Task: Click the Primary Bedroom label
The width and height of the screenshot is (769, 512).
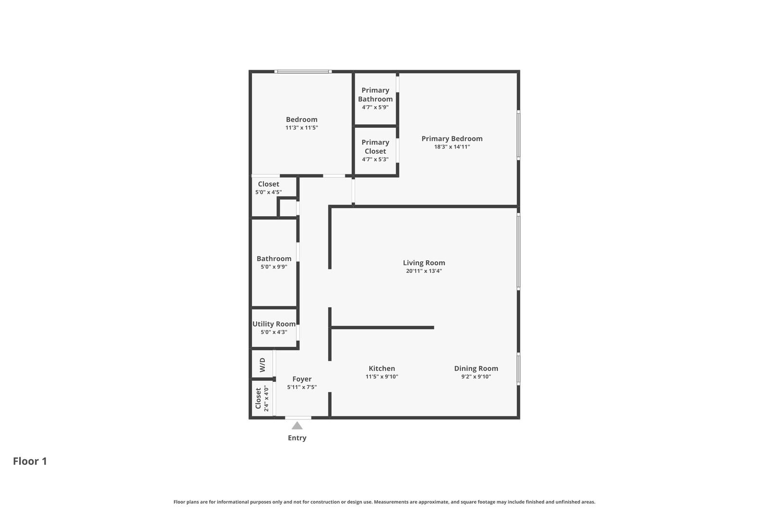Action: pyautogui.click(x=452, y=139)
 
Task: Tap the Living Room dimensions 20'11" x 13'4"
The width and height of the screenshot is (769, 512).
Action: pyautogui.click(x=423, y=271)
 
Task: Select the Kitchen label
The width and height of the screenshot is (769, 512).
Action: pyautogui.click(x=382, y=368)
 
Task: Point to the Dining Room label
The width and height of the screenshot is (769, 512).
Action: pyautogui.click(x=476, y=368)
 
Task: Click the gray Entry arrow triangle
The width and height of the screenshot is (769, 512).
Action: pyautogui.click(x=297, y=426)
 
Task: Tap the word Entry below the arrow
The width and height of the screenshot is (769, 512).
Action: pyautogui.click(x=297, y=438)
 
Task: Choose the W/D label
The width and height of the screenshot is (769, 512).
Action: pyautogui.click(x=262, y=365)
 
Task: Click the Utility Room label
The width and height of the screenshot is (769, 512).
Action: pyautogui.click(x=274, y=324)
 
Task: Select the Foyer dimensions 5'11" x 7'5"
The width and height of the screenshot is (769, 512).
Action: pyautogui.click(x=302, y=387)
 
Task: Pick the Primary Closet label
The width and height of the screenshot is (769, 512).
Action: pyautogui.click(x=375, y=146)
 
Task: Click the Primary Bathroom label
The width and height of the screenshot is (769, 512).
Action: pyautogui.click(x=375, y=95)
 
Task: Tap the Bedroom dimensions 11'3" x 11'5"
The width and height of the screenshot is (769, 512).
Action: pyautogui.click(x=301, y=128)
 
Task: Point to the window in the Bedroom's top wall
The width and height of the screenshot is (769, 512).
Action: pyautogui.click(x=303, y=72)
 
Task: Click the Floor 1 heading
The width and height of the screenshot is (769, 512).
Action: pyautogui.click(x=30, y=461)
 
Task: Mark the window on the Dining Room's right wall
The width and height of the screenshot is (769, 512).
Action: pyautogui.click(x=518, y=369)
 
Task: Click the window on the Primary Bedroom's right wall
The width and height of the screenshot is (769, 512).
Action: pyautogui.click(x=518, y=135)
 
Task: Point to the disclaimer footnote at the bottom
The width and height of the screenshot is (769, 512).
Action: pyautogui.click(x=384, y=502)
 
